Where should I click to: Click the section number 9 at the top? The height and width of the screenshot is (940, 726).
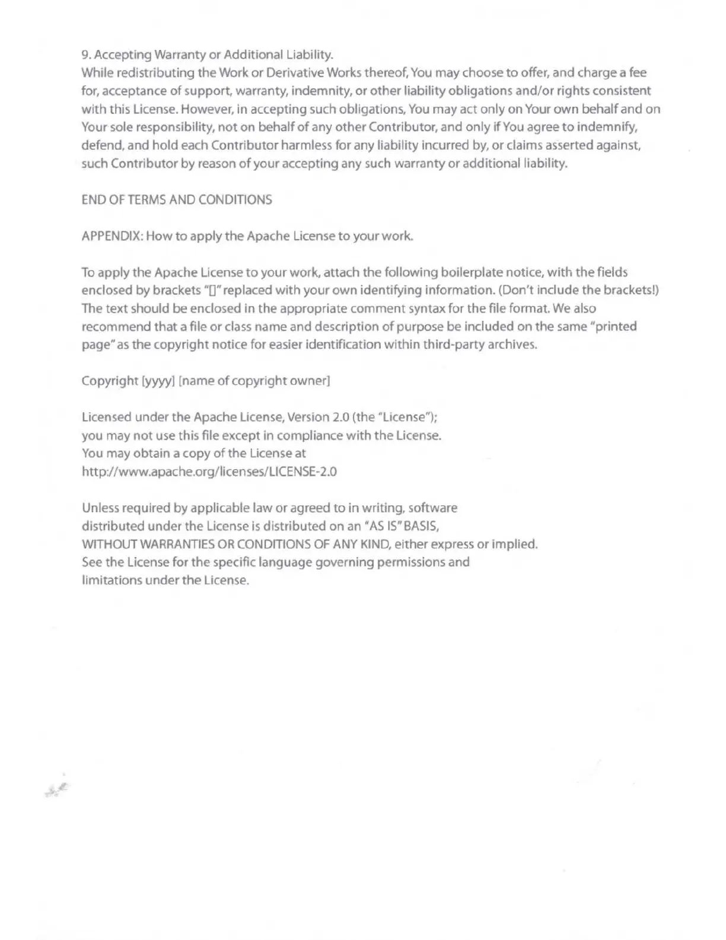[85, 55]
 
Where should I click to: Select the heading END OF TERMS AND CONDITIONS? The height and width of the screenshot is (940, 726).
[177, 200]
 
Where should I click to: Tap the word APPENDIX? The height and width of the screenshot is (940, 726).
[111, 236]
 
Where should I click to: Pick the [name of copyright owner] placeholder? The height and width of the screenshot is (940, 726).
[254, 381]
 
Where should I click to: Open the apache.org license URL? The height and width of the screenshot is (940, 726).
[209, 472]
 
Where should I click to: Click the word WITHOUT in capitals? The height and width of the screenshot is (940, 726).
[103, 544]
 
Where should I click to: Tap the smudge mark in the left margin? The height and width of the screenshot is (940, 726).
[57, 789]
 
